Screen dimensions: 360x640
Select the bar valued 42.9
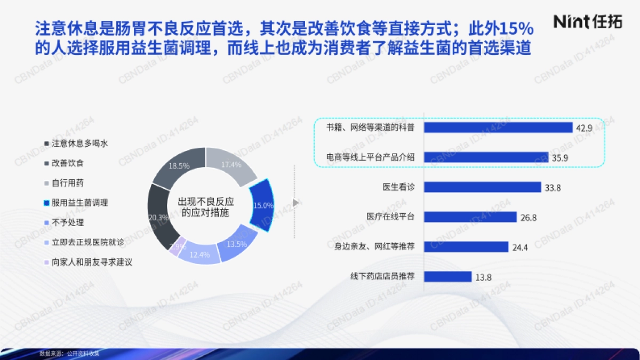[x=498, y=127]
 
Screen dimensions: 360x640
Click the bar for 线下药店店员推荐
[x=448, y=277]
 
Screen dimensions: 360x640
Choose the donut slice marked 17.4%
[x=230, y=165]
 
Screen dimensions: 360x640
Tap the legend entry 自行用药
[x=68, y=183]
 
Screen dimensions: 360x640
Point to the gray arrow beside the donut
[x=295, y=203]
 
